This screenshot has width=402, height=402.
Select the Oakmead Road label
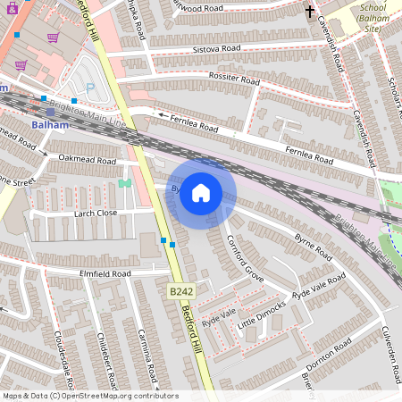[88, 160]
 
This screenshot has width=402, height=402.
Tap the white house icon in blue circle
[201, 192]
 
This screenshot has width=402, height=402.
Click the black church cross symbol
[310, 13]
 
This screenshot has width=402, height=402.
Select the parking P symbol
[89, 88]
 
